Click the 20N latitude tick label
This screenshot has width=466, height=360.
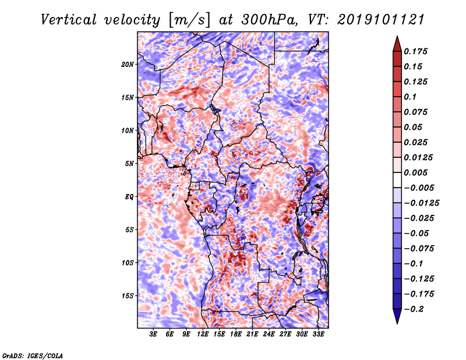[128, 65]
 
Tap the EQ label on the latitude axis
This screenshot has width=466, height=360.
[129, 197]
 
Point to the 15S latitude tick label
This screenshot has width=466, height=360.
[128, 296]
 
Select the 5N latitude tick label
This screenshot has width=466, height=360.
[129, 164]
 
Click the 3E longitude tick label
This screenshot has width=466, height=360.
[153, 334]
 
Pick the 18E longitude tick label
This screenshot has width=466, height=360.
[236, 334]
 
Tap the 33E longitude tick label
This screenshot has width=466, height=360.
[318, 334]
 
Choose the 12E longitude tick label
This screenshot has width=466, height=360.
[203, 334]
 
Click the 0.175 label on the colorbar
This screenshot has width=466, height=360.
[415, 51]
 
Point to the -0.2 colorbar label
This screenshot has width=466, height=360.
[414, 309]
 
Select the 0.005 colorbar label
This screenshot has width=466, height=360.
[415, 172]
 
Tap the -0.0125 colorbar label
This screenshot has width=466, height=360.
[421, 203]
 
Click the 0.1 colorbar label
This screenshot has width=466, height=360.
[410, 97]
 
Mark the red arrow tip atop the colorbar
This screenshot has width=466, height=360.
[397, 37]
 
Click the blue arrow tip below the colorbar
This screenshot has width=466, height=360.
[397, 323]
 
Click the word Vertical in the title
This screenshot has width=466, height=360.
[69, 20]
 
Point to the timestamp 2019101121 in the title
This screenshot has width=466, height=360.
[381, 20]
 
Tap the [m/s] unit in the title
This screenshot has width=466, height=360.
[189, 20]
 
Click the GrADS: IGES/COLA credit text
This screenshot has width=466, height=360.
[33, 355]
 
